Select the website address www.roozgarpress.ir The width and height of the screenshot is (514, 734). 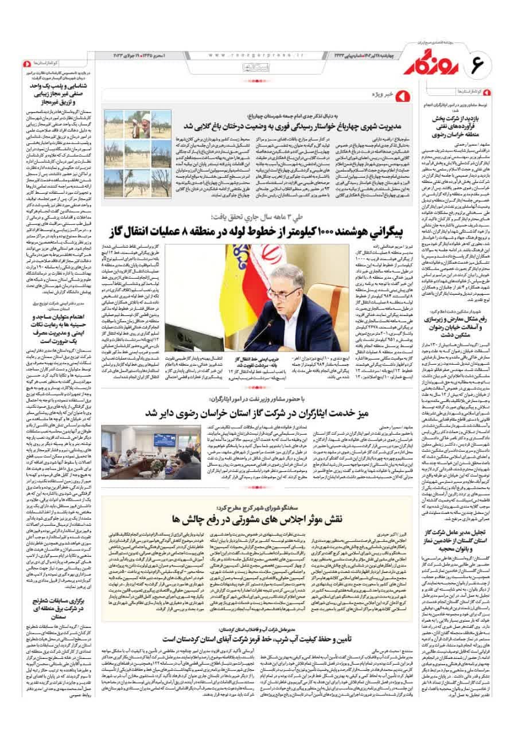(x=253, y=54)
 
